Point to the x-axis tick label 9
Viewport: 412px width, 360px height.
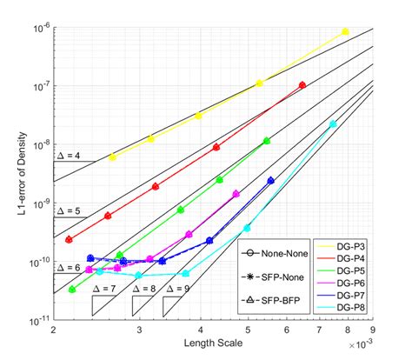point(372,332)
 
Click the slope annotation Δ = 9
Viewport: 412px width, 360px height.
point(186,288)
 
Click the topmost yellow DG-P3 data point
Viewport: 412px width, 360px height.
point(345,31)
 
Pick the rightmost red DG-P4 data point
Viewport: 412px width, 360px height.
point(302,85)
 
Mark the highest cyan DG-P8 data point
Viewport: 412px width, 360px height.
point(333,123)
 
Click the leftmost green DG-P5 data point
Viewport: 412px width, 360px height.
point(73,290)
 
